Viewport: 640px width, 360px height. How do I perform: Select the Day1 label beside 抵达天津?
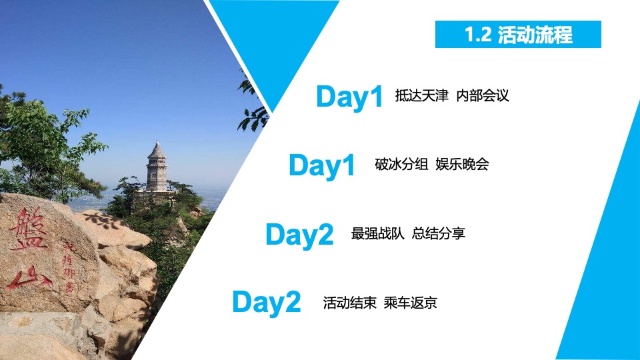pos(349,97)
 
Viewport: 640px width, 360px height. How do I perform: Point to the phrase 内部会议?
pos(483,96)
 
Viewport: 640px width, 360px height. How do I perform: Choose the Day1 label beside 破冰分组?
pos(322,166)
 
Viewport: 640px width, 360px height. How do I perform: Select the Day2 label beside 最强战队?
pos(299,235)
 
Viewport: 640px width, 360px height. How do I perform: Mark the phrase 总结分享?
pos(439,234)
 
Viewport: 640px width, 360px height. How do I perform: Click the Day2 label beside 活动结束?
pos(267,303)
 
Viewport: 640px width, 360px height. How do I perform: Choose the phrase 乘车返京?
pos(410,303)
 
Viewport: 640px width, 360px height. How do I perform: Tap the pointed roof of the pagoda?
pos(157,149)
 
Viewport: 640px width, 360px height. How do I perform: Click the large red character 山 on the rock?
pos(31,278)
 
